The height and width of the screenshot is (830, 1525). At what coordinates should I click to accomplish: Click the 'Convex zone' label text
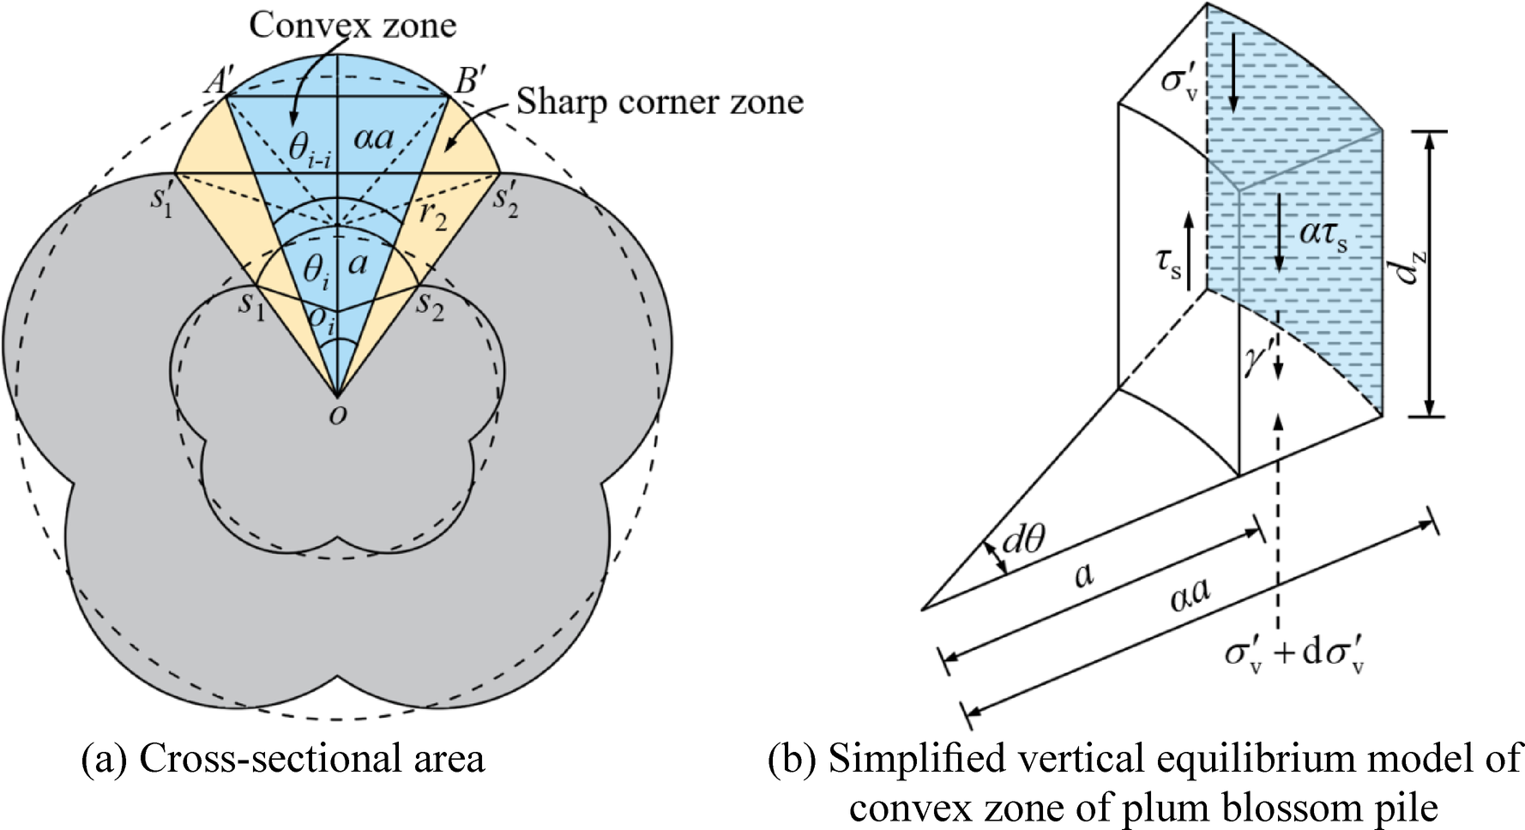(x=353, y=25)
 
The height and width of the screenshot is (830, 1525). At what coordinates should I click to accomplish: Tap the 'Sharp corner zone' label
(x=659, y=102)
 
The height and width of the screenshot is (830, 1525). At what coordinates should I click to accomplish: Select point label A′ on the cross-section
(x=219, y=81)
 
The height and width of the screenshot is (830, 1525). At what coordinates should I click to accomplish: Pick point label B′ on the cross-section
(x=469, y=81)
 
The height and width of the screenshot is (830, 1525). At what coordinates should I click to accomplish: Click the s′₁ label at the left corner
(x=161, y=200)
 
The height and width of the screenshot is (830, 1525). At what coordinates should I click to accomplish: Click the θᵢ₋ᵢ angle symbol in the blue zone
(x=309, y=148)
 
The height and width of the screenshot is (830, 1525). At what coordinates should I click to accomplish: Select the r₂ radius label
(x=433, y=214)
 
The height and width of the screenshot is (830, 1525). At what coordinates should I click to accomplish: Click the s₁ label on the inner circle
(x=251, y=304)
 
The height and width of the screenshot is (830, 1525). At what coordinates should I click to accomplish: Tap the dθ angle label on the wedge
(x=1023, y=539)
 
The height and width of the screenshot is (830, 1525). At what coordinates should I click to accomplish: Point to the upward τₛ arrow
(x=1189, y=251)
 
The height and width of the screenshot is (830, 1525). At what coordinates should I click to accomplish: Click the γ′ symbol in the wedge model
(x=1254, y=358)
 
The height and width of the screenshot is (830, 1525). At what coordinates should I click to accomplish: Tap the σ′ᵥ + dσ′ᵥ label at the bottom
(x=1294, y=654)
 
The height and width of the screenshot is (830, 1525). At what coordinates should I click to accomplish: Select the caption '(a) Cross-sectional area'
(x=283, y=759)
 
